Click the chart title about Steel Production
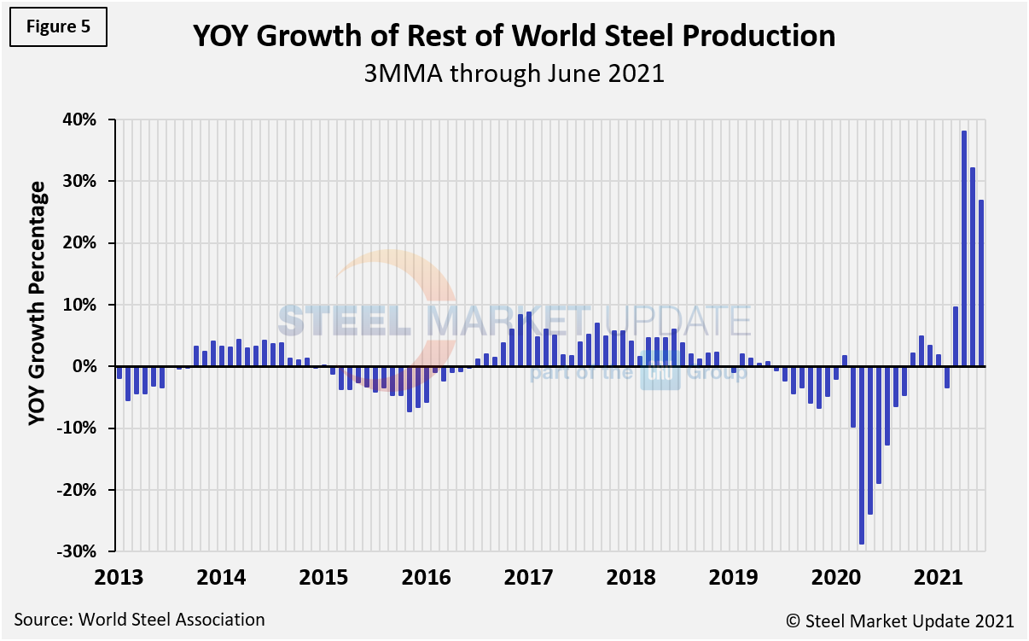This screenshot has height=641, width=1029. coord(514,37)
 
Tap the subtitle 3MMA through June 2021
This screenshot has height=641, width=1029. coord(514,73)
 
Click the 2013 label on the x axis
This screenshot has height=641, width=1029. coord(119,576)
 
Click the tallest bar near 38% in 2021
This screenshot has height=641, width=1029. coord(964,248)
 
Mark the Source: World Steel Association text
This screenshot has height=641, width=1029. coord(139,620)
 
